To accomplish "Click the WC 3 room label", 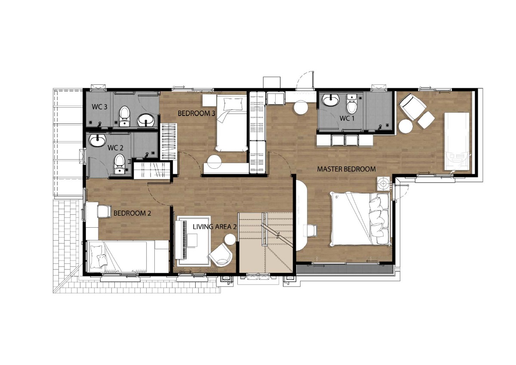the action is [99, 107].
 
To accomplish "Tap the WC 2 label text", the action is [115, 148].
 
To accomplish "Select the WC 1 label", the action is [347, 118].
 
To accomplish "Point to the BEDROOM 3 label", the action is [197, 113].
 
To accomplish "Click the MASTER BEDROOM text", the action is [346, 169].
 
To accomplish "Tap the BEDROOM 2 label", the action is [132, 213].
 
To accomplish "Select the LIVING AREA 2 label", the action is [215, 227].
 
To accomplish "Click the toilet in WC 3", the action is [124, 117].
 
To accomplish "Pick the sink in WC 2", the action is [98, 140].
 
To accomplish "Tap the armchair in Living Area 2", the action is [221, 255].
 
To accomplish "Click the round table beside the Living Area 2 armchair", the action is [230, 239].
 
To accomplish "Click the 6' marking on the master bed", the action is [337, 197].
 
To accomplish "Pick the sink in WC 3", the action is [146, 120].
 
